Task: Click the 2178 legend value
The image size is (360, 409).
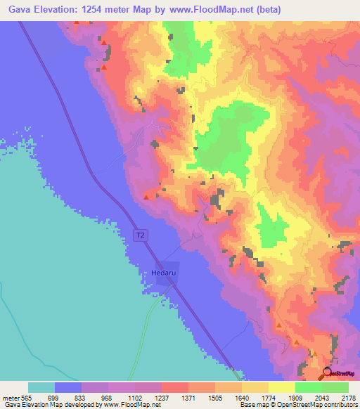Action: click(349, 398)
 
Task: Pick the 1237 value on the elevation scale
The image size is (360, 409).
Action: click(162, 398)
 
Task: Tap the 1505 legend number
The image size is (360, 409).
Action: click(215, 398)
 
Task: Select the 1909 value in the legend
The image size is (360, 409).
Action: click(295, 398)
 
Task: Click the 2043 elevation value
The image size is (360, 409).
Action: click(322, 398)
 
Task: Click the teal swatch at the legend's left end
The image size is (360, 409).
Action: click(41, 387)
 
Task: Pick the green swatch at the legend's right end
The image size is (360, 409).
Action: click(335, 387)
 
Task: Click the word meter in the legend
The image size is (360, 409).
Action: click(11, 398)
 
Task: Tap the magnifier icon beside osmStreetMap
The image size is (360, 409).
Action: click(328, 373)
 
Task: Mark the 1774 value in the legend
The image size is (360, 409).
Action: click(269, 398)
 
